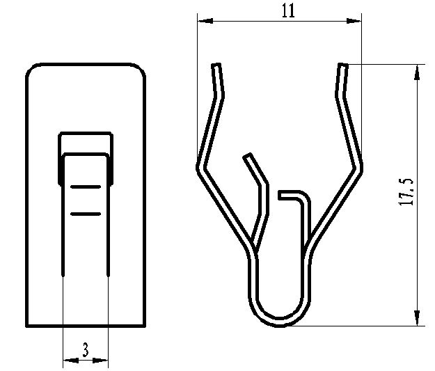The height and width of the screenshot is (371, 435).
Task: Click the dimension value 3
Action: click(85, 350)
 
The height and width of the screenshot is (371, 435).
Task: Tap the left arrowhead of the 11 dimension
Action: click(202, 22)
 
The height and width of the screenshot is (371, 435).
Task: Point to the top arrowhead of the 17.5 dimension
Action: click(418, 70)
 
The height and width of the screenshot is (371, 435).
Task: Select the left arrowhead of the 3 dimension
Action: click(68, 361)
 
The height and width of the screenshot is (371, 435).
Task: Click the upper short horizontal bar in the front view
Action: click(86, 188)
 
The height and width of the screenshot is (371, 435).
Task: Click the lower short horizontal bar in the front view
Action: click(86, 213)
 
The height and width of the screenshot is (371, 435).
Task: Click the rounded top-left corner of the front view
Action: click(32, 70)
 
